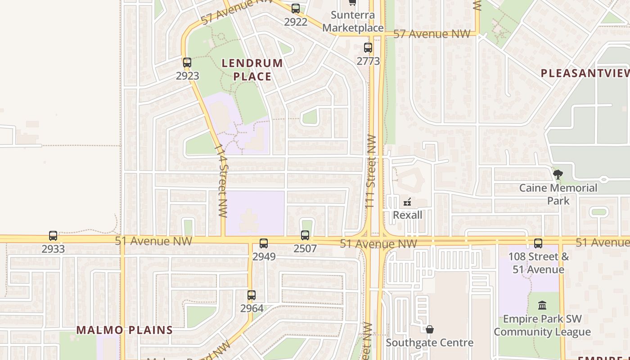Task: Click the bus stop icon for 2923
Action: pos(187,63)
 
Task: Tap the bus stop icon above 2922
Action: pos(296,8)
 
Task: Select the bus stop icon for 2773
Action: pos(368,47)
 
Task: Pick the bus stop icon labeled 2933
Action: pos(53,235)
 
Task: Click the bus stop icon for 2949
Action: pos(264,243)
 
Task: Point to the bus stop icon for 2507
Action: pos(305,235)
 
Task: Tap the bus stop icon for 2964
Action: pos(252,295)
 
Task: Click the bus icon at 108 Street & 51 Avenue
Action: pos(538,243)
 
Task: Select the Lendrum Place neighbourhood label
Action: pos(252,70)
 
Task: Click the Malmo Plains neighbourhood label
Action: pos(124,330)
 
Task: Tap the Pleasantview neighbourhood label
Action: pos(585,73)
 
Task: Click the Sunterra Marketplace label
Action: pos(353,21)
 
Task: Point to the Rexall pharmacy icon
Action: pos(408,202)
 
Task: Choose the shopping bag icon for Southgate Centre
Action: pos(430,330)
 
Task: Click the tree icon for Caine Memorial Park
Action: pos(558,174)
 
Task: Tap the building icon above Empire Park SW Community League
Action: pos(542,305)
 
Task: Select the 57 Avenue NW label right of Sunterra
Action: pos(432,34)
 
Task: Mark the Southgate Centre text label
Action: pos(430,343)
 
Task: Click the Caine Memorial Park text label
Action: pos(558,194)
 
